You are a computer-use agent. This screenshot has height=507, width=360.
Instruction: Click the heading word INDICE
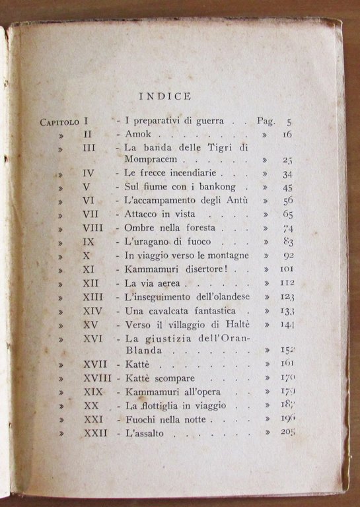point(165,96)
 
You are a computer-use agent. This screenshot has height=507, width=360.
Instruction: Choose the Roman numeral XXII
point(96,432)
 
